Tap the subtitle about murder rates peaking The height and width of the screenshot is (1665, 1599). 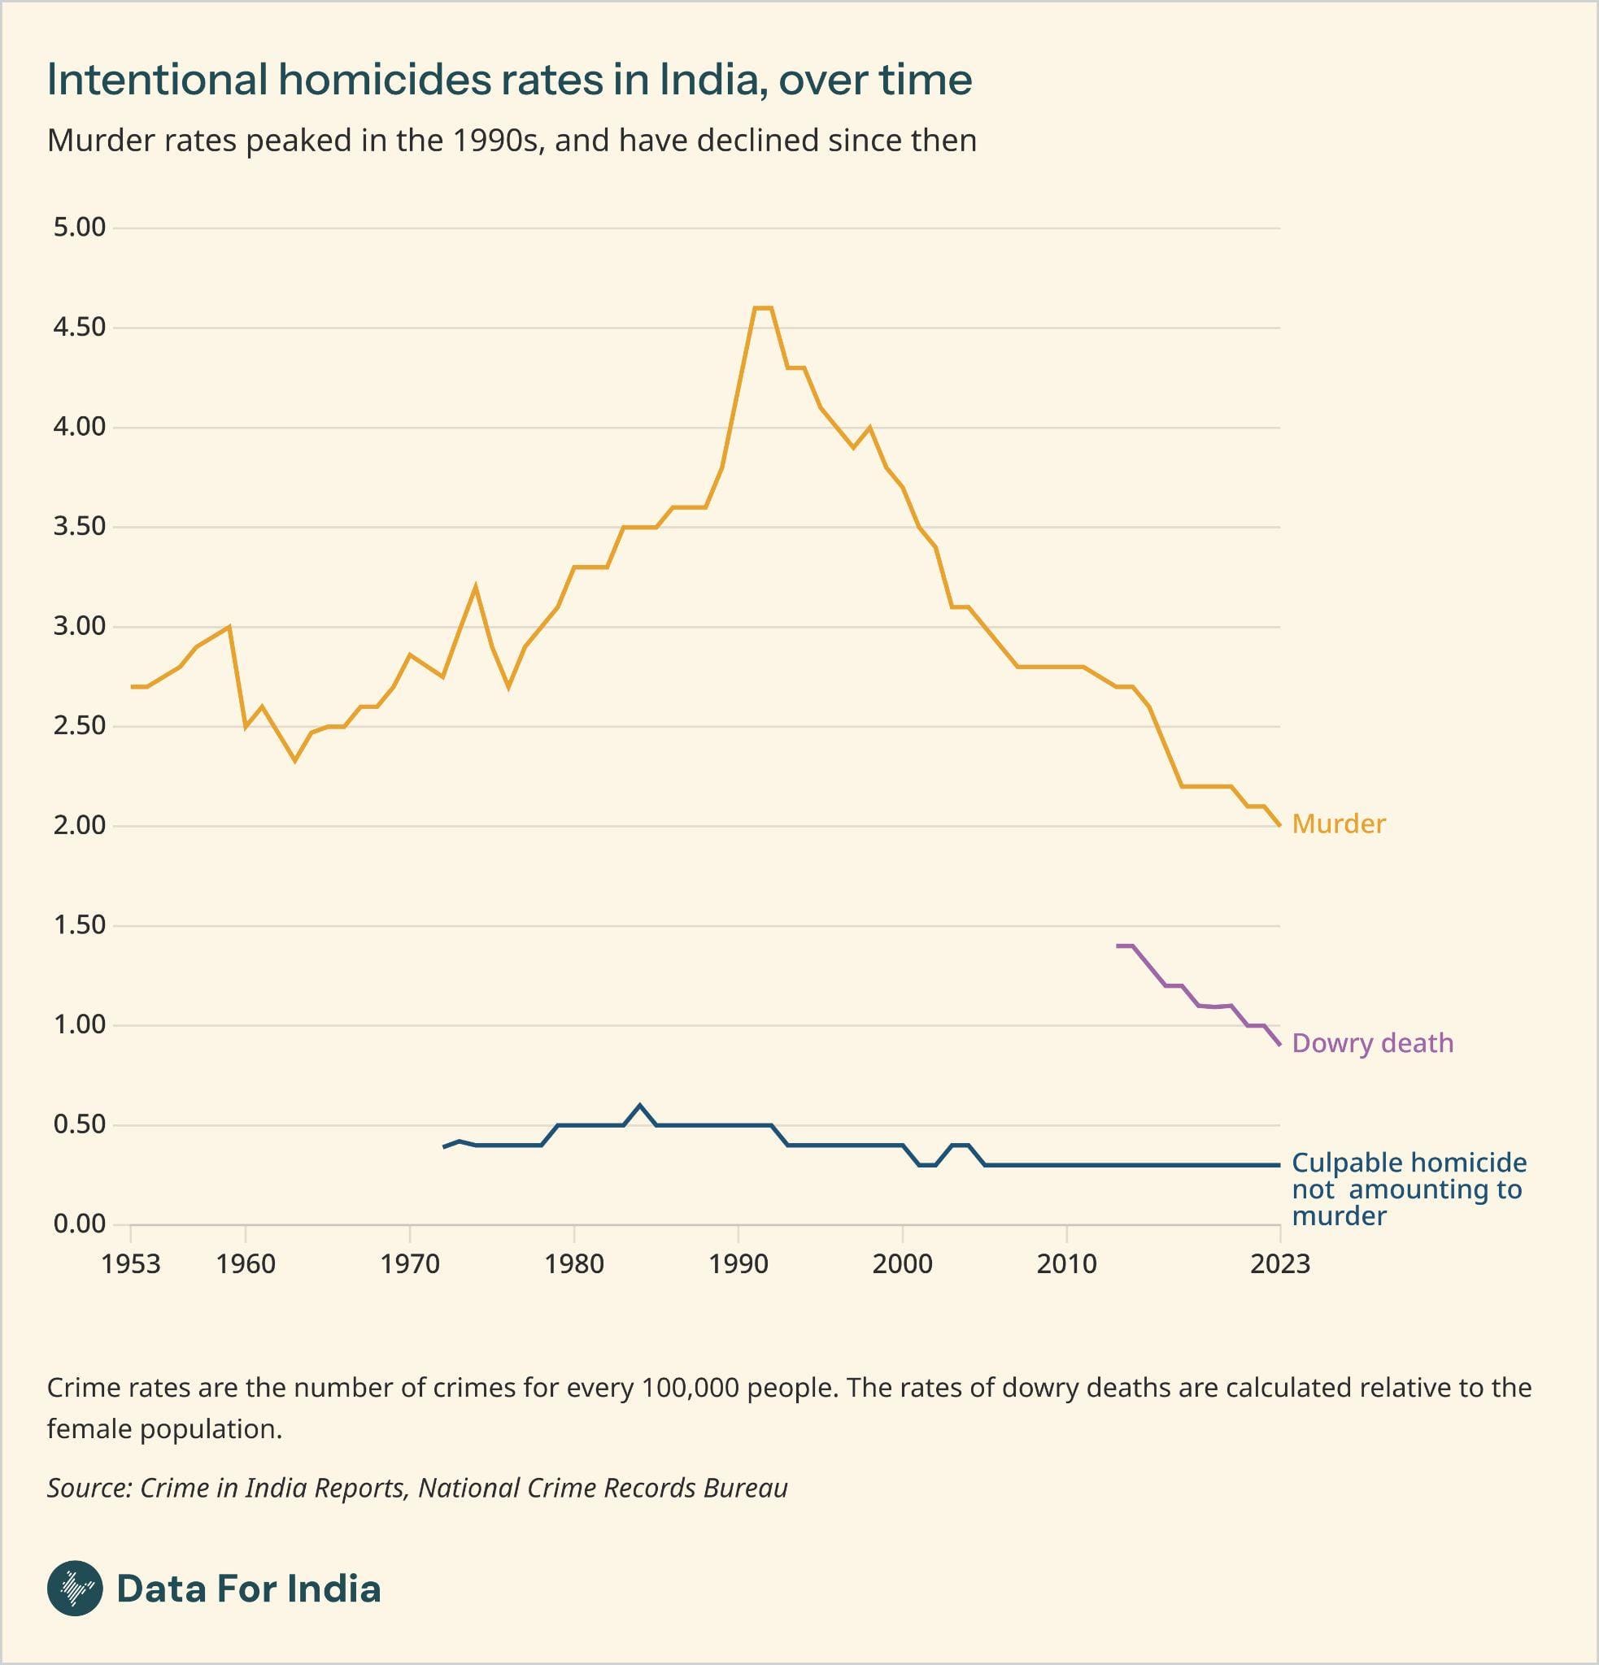511,140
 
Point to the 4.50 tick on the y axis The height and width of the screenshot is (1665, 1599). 79,327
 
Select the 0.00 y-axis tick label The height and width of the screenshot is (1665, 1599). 79,1224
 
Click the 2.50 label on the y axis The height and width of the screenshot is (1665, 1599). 79,726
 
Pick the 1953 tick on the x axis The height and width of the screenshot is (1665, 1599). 131,1264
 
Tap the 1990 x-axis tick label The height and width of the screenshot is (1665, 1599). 739,1264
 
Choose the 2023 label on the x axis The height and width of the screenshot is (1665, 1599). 1279,1264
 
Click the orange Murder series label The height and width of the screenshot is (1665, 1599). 1338,824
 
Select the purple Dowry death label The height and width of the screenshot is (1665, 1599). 1372,1043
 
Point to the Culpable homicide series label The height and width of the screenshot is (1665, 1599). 1408,1189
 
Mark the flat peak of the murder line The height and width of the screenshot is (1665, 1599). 763,307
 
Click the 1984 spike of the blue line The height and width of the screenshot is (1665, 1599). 640,1105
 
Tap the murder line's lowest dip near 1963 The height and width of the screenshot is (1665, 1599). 294,760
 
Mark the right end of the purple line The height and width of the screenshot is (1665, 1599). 1279,1045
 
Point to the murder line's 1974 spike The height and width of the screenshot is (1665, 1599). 476,586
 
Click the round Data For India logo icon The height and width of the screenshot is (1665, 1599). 75,1588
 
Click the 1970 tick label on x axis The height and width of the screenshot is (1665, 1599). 410,1264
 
